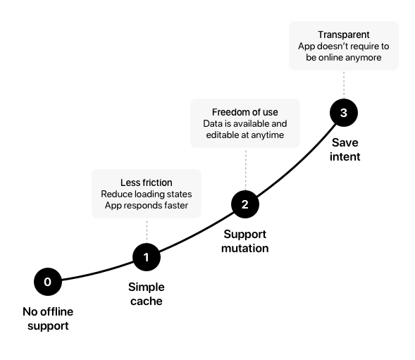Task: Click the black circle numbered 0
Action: pyautogui.click(x=48, y=282)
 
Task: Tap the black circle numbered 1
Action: pyautogui.click(x=147, y=257)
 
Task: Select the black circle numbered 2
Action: pyautogui.click(x=245, y=204)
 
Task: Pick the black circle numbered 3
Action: pyautogui.click(x=344, y=113)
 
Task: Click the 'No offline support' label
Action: pyautogui.click(x=48, y=318)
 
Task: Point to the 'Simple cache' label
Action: pyautogui.click(x=147, y=294)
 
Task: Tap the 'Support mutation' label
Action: pyautogui.click(x=245, y=241)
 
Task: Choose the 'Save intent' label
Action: pyautogui.click(x=345, y=149)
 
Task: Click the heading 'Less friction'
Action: pyautogui.click(x=147, y=182)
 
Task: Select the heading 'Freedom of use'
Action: pyautogui.click(x=245, y=112)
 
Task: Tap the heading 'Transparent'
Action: pyautogui.click(x=344, y=35)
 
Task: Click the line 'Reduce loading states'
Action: pyautogui.click(x=147, y=194)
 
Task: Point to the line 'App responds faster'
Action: pyautogui.click(x=147, y=206)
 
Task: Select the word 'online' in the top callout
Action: pyautogui.click(x=332, y=58)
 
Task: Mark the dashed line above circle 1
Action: pyautogui.click(x=147, y=231)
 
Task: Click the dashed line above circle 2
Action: pyautogui.click(x=246, y=169)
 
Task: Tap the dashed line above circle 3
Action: pyautogui.click(x=344, y=85)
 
